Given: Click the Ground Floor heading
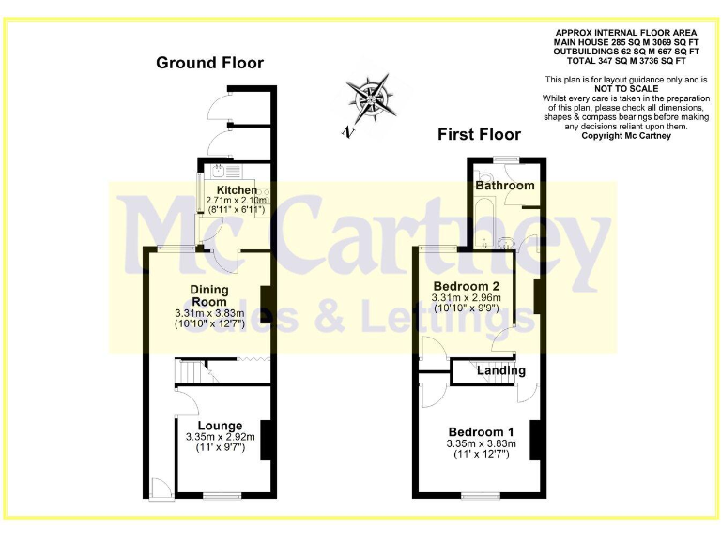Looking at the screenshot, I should pos(209,63).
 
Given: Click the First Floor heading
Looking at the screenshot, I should pos(479,134).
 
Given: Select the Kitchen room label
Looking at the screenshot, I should pos(236,190).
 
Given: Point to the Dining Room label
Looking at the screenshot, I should pos(208,295).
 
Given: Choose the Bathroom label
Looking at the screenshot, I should pos(504,185).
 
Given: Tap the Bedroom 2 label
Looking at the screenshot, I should pos(466,285).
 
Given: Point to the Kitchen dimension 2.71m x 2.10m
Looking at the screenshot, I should pos(237,201).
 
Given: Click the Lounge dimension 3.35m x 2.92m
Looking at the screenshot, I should pos(214,437).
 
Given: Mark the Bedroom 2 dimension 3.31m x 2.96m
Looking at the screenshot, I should pos(466,298).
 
